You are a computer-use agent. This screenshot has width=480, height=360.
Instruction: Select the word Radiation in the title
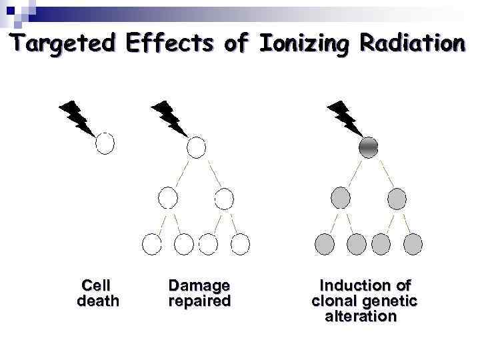click(x=411, y=43)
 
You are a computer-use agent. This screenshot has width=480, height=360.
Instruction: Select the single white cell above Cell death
click(x=105, y=143)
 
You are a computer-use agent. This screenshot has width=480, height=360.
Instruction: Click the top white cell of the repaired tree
click(x=196, y=146)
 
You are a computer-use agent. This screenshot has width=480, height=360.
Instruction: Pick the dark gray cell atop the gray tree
click(x=369, y=146)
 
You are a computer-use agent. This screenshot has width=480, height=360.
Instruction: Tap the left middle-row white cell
click(x=167, y=198)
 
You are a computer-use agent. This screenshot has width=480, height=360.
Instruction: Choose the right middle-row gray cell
click(x=397, y=198)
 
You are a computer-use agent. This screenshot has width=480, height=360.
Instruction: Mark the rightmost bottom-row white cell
click(x=240, y=244)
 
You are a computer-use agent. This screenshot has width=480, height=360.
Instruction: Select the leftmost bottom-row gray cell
click(x=325, y=244)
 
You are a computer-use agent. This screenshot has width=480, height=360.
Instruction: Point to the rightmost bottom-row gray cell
click(x=413, y=244)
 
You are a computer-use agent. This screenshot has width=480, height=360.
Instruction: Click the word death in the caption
click(x=98, y=301)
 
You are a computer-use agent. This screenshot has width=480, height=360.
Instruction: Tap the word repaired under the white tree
click(x=199, y=301)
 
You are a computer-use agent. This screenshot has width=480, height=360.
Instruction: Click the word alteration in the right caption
click(x=361, y=316)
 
